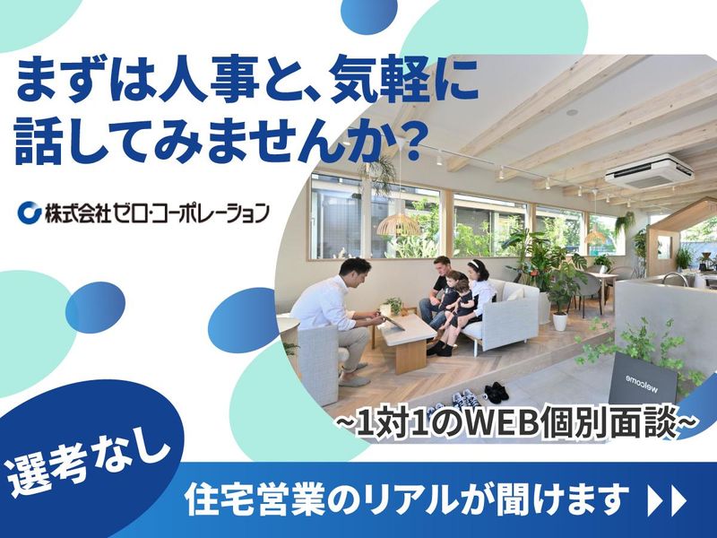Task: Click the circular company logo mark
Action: click(x=30, y=213)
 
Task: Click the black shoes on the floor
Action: click(x=496, y=391)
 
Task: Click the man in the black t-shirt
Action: click(x=439, y=287)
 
